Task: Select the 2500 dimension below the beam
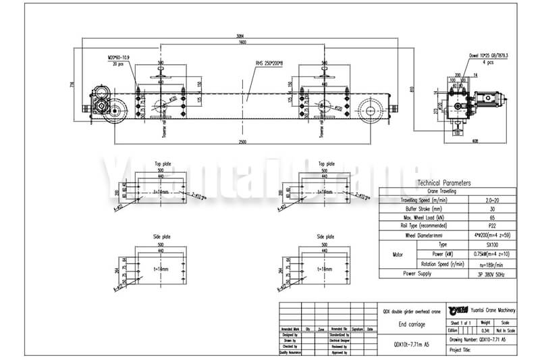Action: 242,141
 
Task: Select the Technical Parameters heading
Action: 443,183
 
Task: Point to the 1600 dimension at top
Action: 242,43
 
